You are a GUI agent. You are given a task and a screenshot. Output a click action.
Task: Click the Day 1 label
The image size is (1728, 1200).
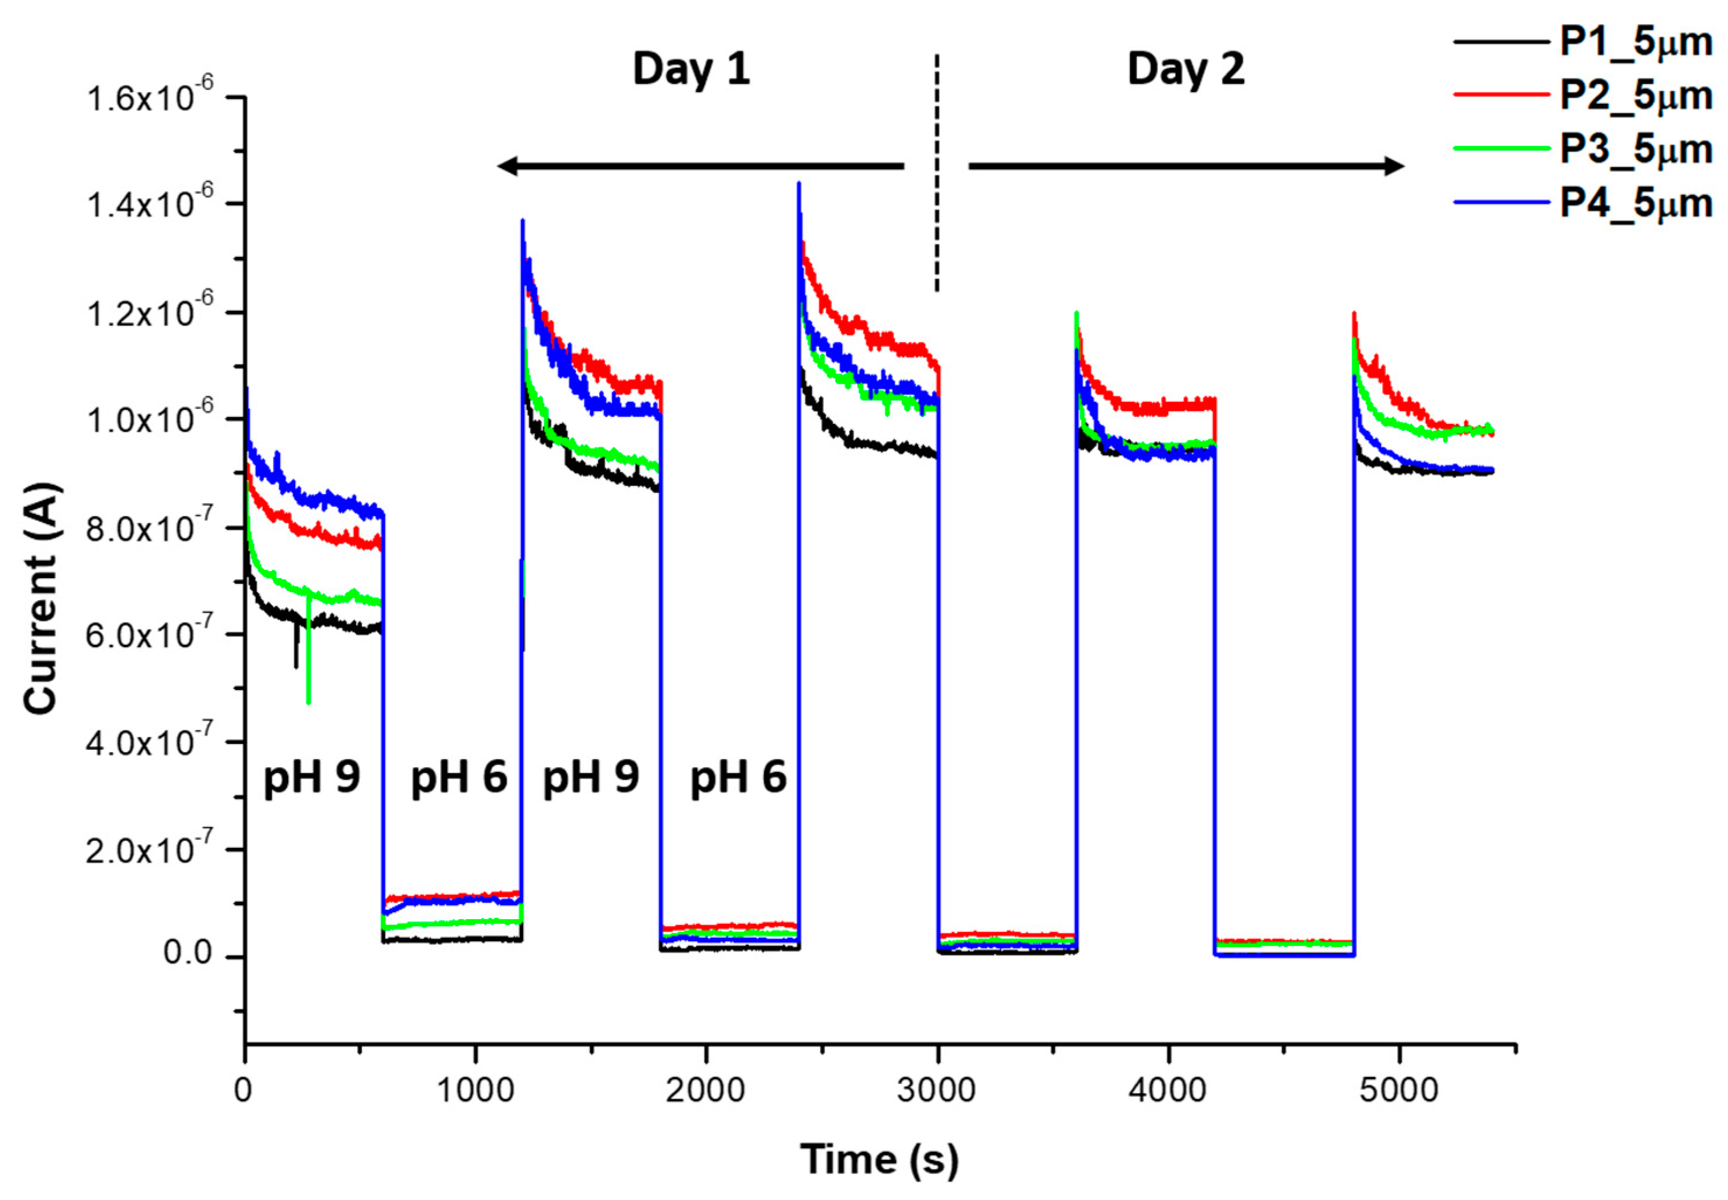(691, 69)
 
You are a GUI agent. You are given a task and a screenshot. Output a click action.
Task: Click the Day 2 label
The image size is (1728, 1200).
(1186, 69)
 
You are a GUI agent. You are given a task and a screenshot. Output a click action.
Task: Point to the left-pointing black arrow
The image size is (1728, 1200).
(699, 165)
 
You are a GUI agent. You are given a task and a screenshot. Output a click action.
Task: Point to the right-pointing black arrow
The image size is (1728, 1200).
(1186, 165)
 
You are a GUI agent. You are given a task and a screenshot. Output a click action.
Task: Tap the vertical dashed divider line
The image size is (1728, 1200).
(937, 173)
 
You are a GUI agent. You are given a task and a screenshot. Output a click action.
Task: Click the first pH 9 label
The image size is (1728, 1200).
(311, 777)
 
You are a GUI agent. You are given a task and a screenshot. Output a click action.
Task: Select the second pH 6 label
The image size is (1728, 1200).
(737, 777)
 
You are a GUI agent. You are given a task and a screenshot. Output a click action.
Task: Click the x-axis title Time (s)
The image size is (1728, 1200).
(879, 1159)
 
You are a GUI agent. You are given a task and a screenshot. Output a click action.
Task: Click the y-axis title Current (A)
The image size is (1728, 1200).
(41, 598)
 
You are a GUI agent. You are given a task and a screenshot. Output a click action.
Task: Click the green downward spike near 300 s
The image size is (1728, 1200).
(309, 677)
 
